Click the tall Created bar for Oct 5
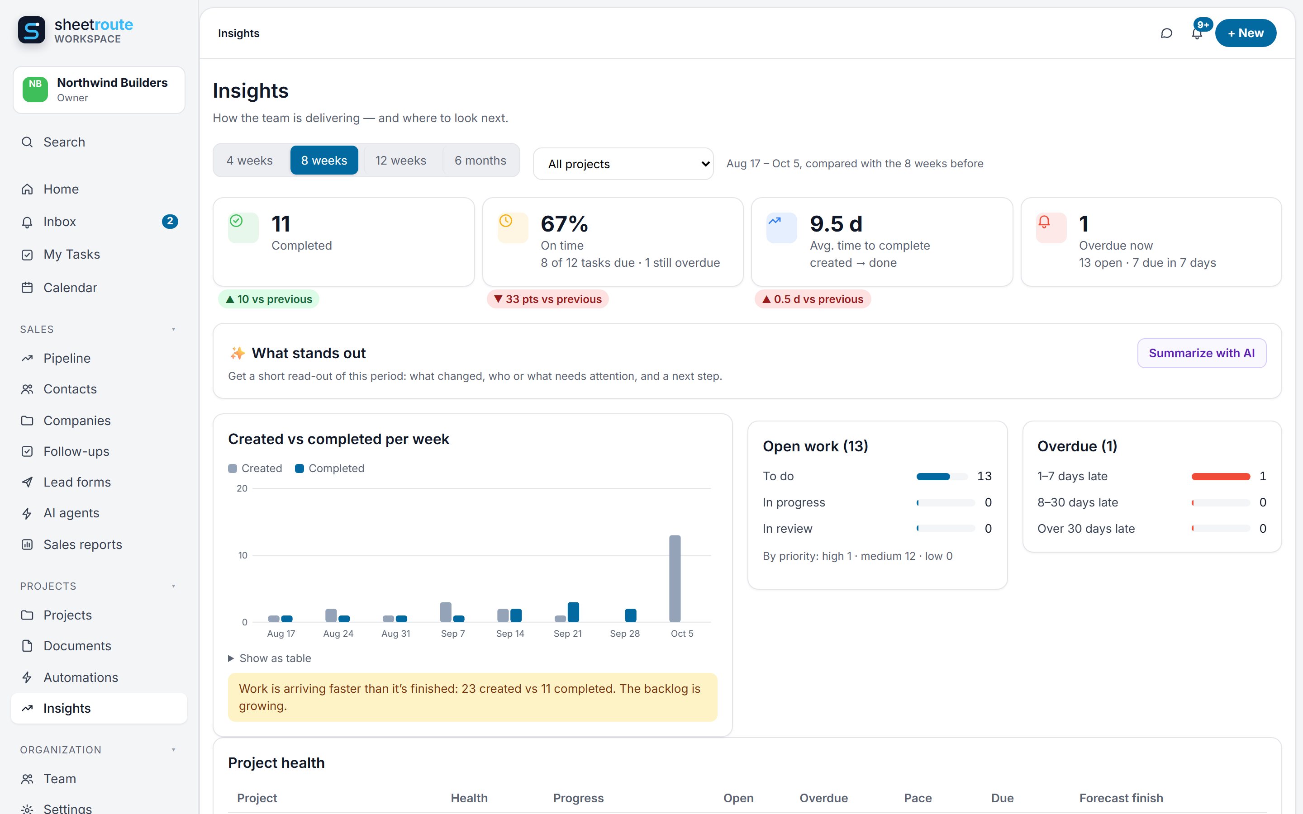coord(675,578)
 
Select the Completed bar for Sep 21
coord(573,612)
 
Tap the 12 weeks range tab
coord(400,161)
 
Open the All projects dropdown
coord(623,164)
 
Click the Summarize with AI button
coord(1201,353)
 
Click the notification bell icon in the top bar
coord(1196,34)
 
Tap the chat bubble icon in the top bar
coord(1166,33)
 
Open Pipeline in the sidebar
coord(67,358)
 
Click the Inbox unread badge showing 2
coord(170,221)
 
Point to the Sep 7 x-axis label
coord(453,634)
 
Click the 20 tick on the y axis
coord(242,488)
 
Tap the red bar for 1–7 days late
coord(1221,477)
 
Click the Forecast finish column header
coord(1121,798)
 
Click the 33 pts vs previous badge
coord(547,299)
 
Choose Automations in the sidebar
coord(80,677)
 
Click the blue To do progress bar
coord(933,477)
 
